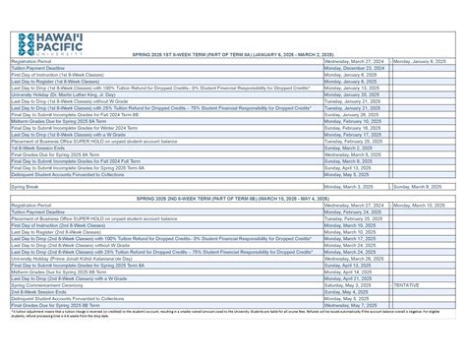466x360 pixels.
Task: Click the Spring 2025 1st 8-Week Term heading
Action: click(x=233, y=55)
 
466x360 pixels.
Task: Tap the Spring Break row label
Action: click(x=26, y=186)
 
